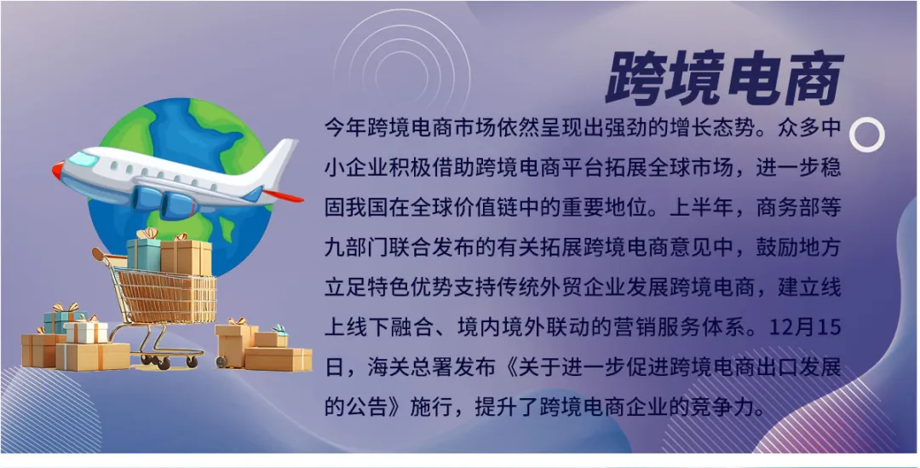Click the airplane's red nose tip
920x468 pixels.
point(57,170)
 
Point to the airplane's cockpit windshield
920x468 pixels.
point(83,159)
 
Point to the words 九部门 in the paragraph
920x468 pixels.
point(356,247)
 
